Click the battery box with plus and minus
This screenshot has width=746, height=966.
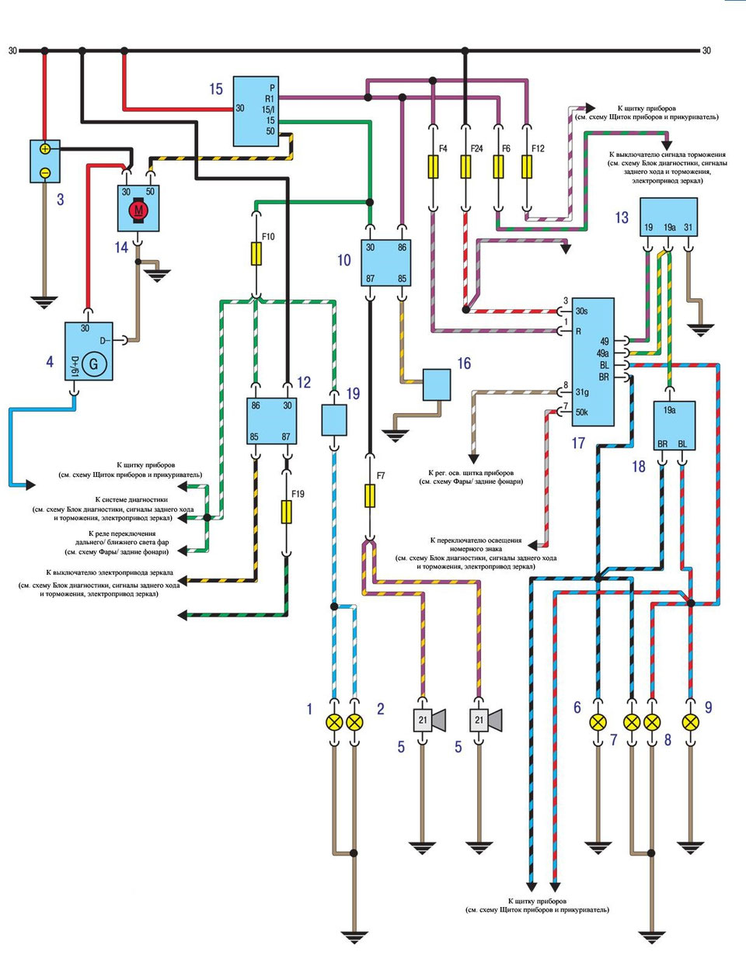[x=45, y=161]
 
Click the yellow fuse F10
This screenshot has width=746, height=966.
[x=256, y=254]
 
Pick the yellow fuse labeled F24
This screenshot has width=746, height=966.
[x=465, y=166]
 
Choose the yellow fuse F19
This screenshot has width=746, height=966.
[x=287, y=512]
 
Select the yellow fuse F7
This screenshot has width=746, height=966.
[x=370, y=495]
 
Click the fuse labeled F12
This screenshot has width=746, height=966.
[x=527, y=166]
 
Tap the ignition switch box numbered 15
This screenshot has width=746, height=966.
[x=256, y=110]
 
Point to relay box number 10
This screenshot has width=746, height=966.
[x=385, y=262]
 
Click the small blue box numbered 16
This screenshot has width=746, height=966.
[x=437, y=384]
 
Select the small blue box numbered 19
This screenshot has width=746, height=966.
[x=334, y=420]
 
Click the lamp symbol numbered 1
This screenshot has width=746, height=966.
[x=334, y=722]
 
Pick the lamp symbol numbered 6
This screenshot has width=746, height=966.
[x=598, y=722]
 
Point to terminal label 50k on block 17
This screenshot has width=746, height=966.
[x=581, y=412]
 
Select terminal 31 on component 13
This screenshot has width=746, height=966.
[x=688, y=228]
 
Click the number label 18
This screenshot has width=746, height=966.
[x=639, y=467]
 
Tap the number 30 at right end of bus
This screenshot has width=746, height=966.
[x=706, y=51]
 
